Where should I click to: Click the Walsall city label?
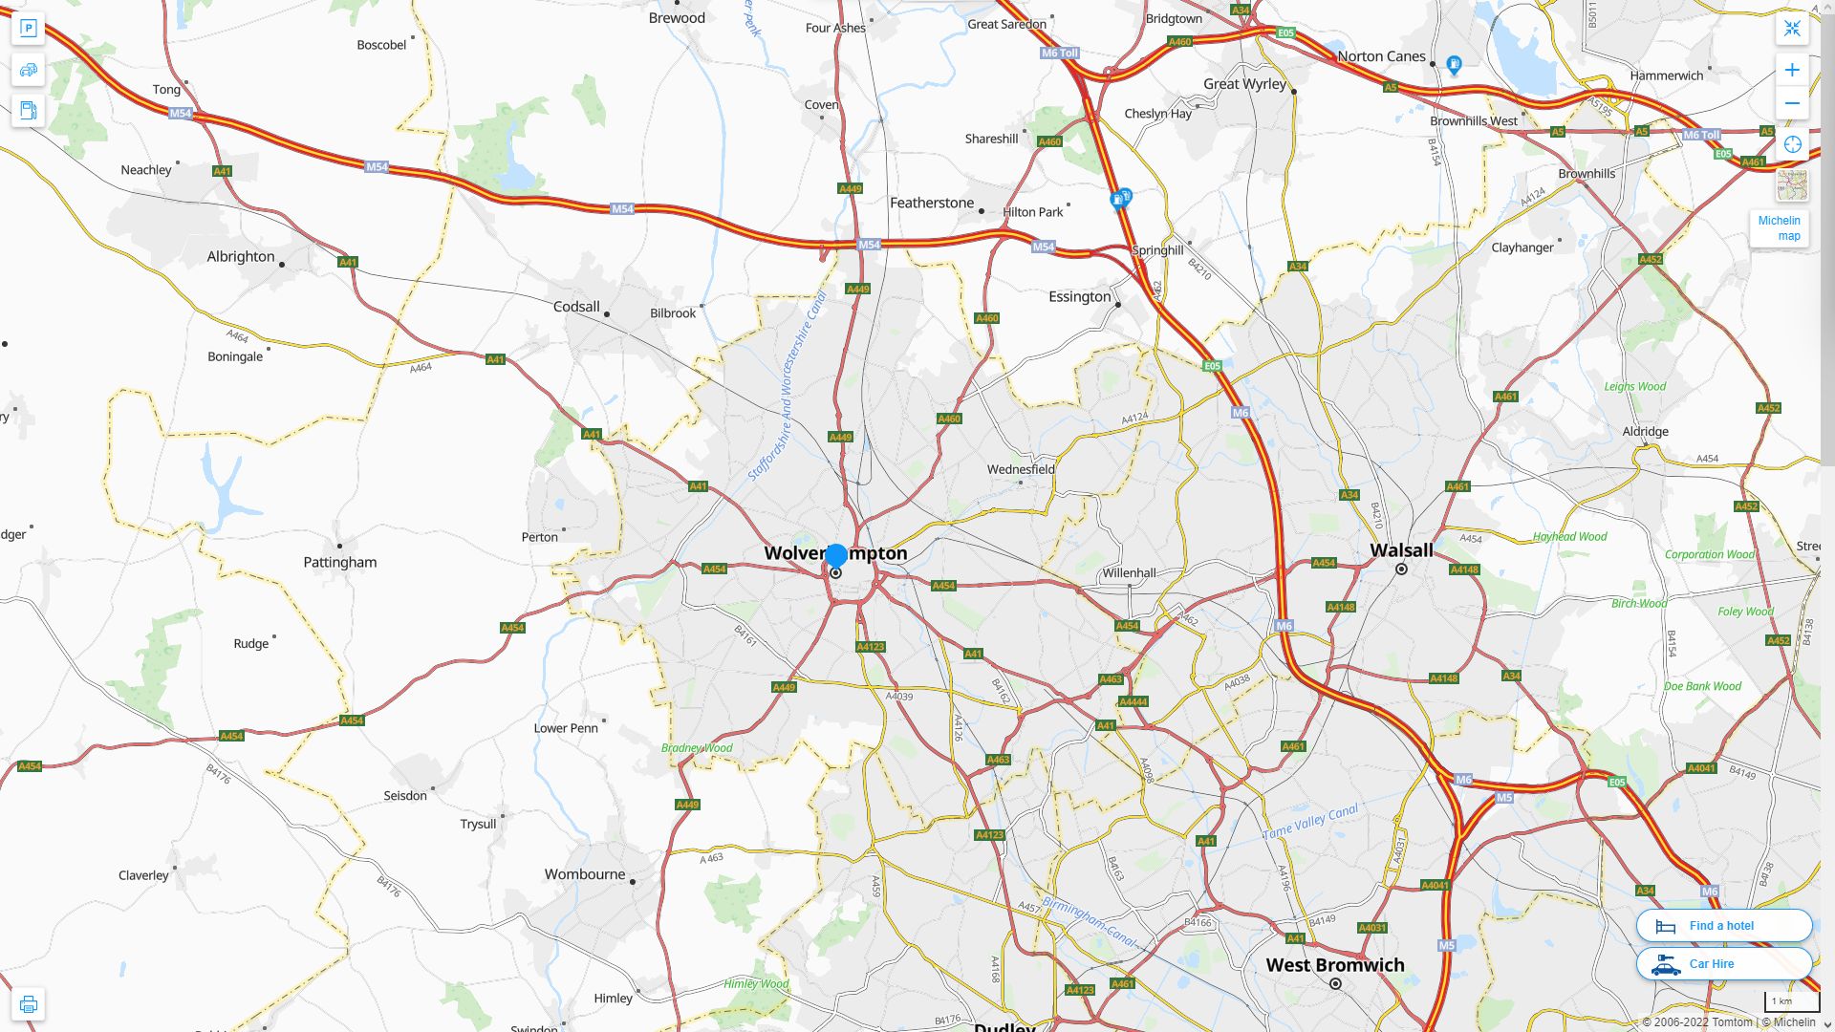tap(1401, 550)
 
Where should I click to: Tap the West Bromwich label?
tap(1335, 965)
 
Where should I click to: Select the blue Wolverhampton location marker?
tap(836, 555)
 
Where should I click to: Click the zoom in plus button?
tap(1792, 70)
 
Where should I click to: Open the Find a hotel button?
tap(1723, 925)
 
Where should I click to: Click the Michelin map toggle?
tap(1779, 227)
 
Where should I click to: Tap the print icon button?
tap(28, 1004)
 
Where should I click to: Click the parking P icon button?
tap(28, 28)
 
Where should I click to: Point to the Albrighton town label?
tap(241, 256)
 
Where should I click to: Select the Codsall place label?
tap(576, 307)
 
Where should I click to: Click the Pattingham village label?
tap(340, 562)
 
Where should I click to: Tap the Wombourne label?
tap(585, 874)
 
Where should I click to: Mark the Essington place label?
tap(1080, 296)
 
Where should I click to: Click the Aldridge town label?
tap(1645, 431)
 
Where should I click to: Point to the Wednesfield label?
tap(1021, 469)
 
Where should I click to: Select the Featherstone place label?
tap(932, 203)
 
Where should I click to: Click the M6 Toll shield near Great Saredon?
tap(1060, 53)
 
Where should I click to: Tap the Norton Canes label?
tap(1381, 56)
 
